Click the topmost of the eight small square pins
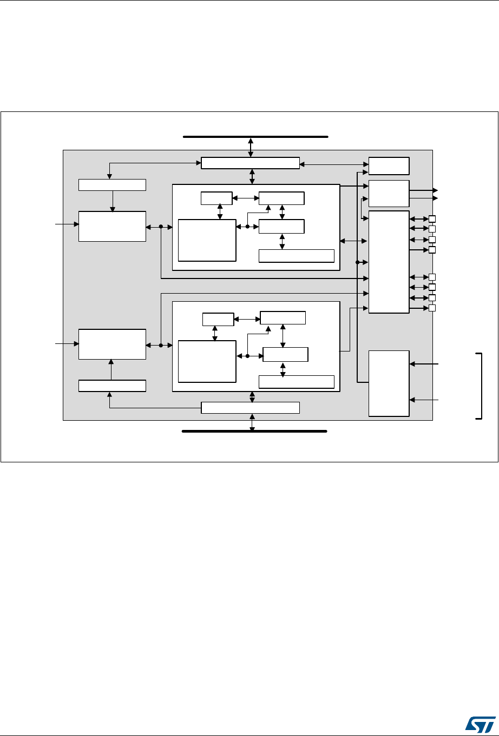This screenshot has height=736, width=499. tap(432, 219)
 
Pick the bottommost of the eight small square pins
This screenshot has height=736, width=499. tap(432, 308)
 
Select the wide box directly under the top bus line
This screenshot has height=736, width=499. tap(250, 163)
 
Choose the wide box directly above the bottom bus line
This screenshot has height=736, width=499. tap(250, 408)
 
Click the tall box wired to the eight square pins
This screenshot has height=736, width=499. tap(389, 262)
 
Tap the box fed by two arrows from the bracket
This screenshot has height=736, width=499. tap(389, 383)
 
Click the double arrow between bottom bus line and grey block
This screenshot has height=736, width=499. tap(252, 422)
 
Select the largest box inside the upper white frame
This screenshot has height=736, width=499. tap(207, 240)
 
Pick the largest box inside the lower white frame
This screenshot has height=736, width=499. tap(207, 361)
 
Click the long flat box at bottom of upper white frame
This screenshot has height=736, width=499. tap(297, 256)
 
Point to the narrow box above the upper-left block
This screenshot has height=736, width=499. tap(112, 184)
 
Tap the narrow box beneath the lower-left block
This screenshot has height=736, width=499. tap(112, 386)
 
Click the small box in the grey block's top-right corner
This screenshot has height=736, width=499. tap(389, 165)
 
